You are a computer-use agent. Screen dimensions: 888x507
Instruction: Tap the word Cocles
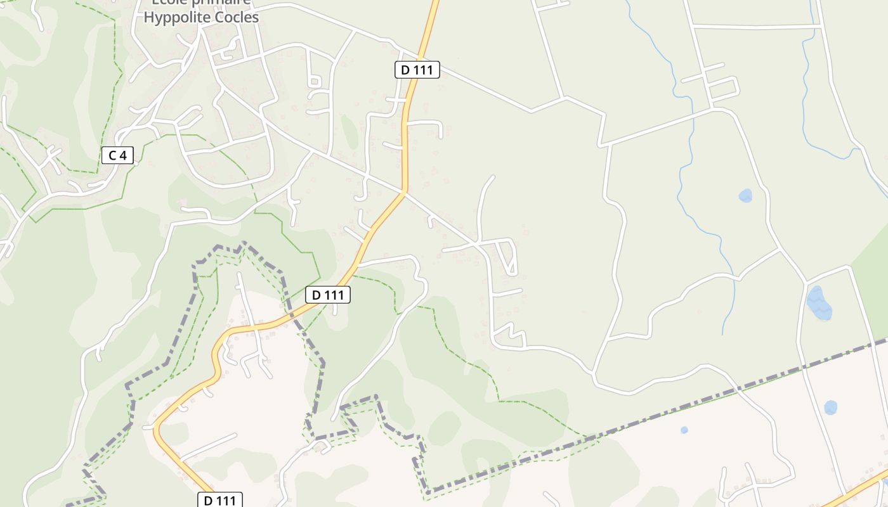tap(235, 17)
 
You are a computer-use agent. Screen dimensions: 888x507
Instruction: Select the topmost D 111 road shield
tap(417, 70)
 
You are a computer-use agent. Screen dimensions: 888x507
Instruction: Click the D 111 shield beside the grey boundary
tap(327, 295)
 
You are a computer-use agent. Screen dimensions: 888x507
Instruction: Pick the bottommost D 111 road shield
tap(220, 500)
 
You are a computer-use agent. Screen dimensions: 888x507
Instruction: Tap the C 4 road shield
tap(117, 155)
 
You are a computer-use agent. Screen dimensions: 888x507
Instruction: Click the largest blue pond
tap(818, 303)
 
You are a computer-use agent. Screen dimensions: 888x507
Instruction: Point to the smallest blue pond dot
tap(684, 430)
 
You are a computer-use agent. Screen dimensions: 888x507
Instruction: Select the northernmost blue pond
tap(745, 195)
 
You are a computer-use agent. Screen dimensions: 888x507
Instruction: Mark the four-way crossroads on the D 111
tap(403, 191)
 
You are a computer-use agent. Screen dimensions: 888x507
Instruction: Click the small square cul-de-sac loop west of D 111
tap(314, 81)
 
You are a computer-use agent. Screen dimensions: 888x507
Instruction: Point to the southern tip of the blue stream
tap(723, 334)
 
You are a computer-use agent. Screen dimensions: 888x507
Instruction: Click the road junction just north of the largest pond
tap(806, 281)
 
